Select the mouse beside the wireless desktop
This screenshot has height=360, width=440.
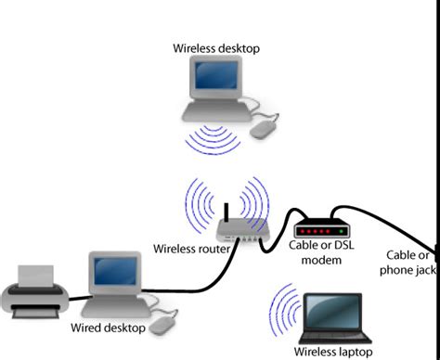pos(268,126)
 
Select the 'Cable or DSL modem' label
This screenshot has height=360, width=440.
pos(321,253)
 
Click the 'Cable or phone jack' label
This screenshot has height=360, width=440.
pos(409,263)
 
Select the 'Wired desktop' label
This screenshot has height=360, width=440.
pos(108,328)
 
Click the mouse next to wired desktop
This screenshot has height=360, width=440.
pos(165,325)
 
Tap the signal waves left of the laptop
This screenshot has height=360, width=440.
pos(284,309)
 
